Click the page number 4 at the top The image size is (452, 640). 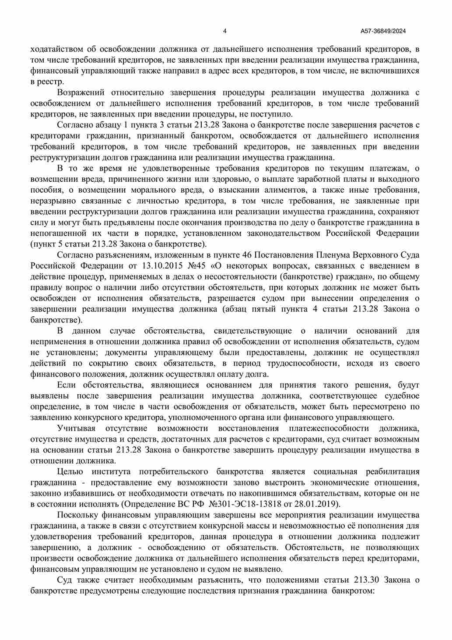pyautogui.click(x=224, y=31)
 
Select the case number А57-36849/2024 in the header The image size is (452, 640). pyautogui.click(x=383, y=31)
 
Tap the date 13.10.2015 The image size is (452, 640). pyautogui.click(x=160, y=266)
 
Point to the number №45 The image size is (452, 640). pyautogui.click(x=197, y=266)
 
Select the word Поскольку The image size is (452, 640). pyautogui.click(x=77, y=515)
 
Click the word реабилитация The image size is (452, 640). pyautogui.click(x=392, y=472)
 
